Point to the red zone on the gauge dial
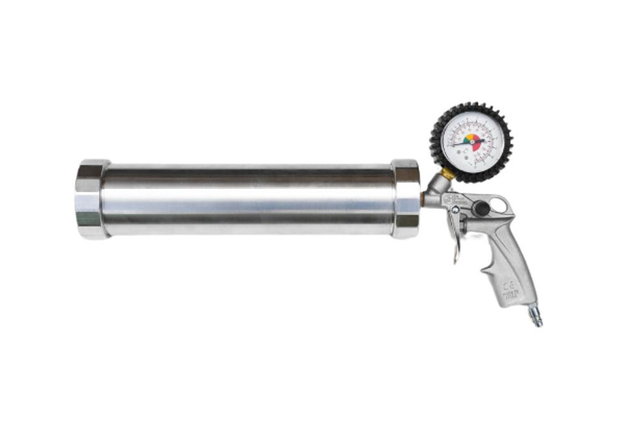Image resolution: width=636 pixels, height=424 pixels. coord(476,146)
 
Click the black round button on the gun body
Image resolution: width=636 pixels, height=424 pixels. coord(481,208)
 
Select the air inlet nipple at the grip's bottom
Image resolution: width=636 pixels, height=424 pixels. coord(535,315)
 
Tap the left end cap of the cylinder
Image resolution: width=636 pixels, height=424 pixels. coord(89,199)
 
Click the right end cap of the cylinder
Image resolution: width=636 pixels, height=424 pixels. coord(406,199)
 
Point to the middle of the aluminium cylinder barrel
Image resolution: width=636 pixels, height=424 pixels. coord(248,199)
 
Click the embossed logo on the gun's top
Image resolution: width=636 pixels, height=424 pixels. coord(457,199)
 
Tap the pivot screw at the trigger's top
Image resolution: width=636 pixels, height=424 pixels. coord(455,211)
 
